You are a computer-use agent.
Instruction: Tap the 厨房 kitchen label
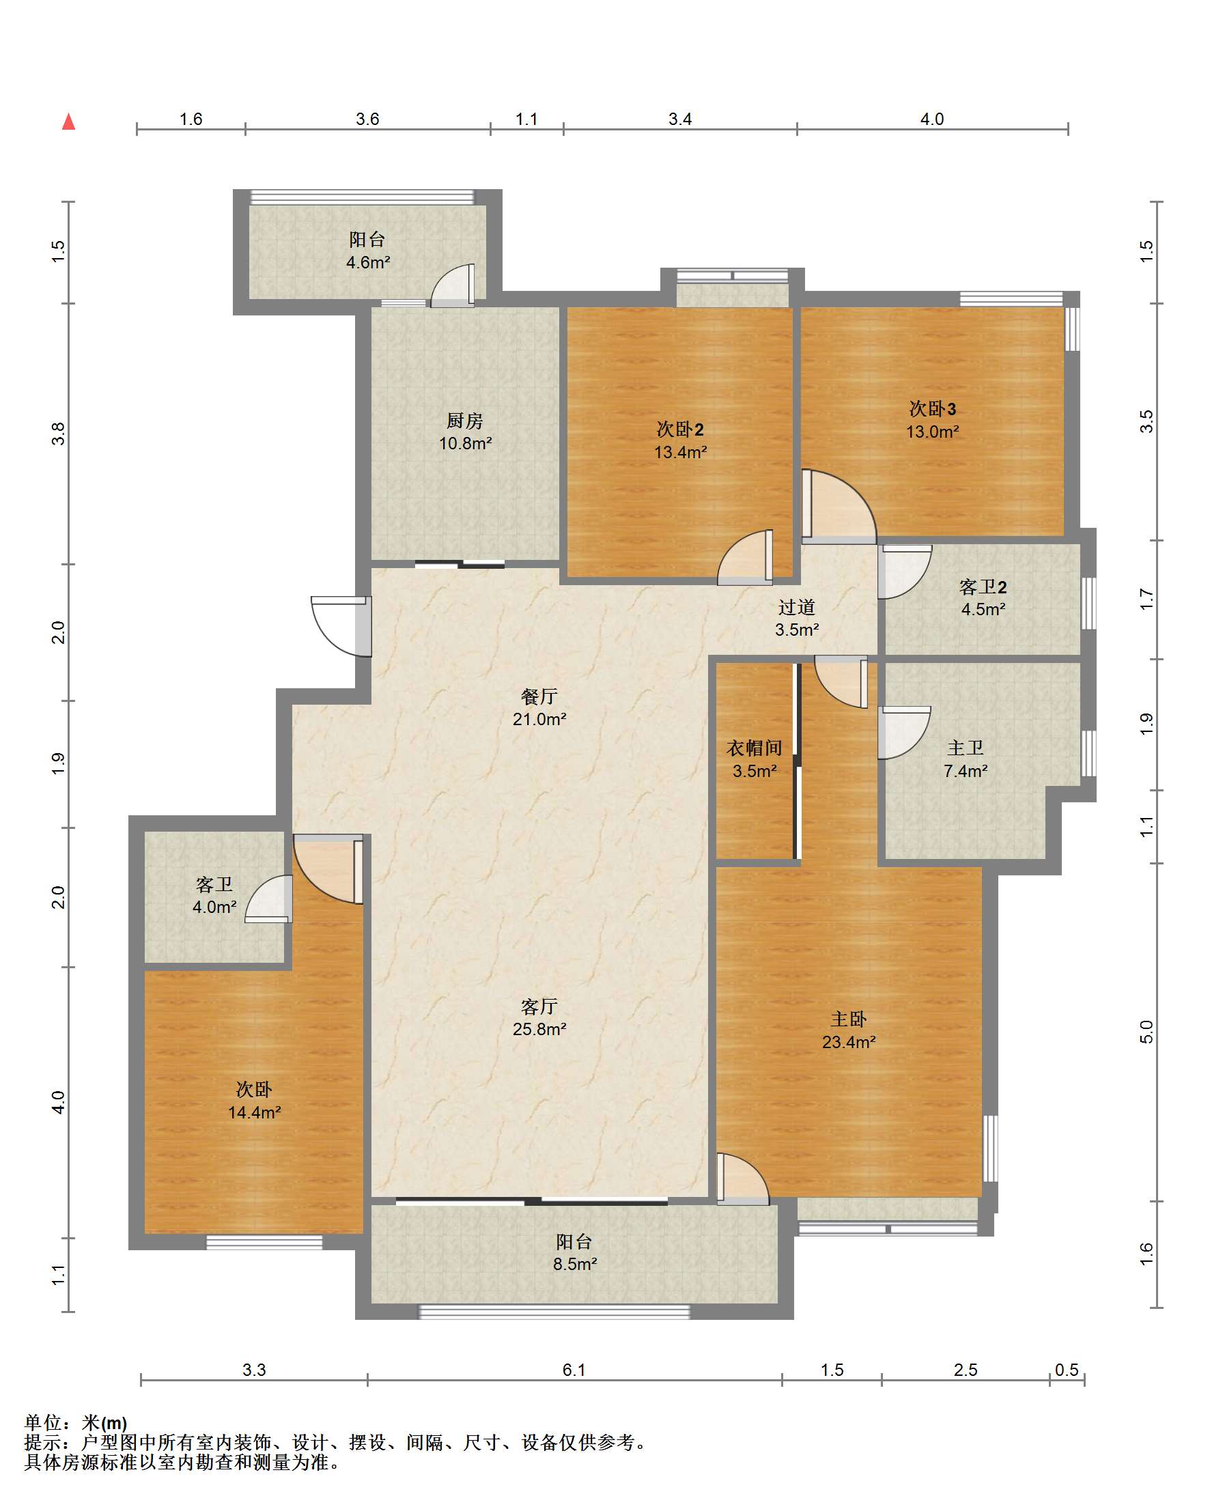point(465,421)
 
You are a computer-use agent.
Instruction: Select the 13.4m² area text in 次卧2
point(680,452)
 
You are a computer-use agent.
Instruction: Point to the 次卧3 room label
point(932,408)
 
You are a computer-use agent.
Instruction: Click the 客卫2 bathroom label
point(983,587)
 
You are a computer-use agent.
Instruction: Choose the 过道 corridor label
point(797,607)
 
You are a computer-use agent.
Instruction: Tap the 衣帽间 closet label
point(755,748)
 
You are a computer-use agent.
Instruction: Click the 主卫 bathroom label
point(966,748)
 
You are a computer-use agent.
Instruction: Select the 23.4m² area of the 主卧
point(848,1042)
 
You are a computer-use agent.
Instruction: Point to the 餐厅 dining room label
point(539,696)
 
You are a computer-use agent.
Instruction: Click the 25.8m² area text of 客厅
point(539,1029)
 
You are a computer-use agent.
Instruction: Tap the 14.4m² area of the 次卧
point(254,1112)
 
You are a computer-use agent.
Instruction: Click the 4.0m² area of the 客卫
point(214,907)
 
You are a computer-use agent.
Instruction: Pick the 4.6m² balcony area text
point(367,262)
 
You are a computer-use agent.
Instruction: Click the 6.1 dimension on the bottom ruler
point(574,1370)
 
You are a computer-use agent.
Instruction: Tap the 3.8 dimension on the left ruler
point(58,433)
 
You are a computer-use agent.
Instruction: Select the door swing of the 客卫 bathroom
point(269,899)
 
